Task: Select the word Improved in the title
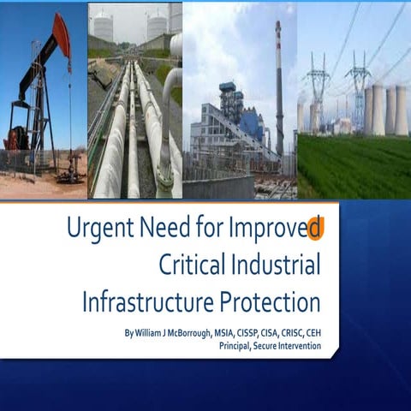pos(275,230)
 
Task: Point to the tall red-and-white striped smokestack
pos(279,86)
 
